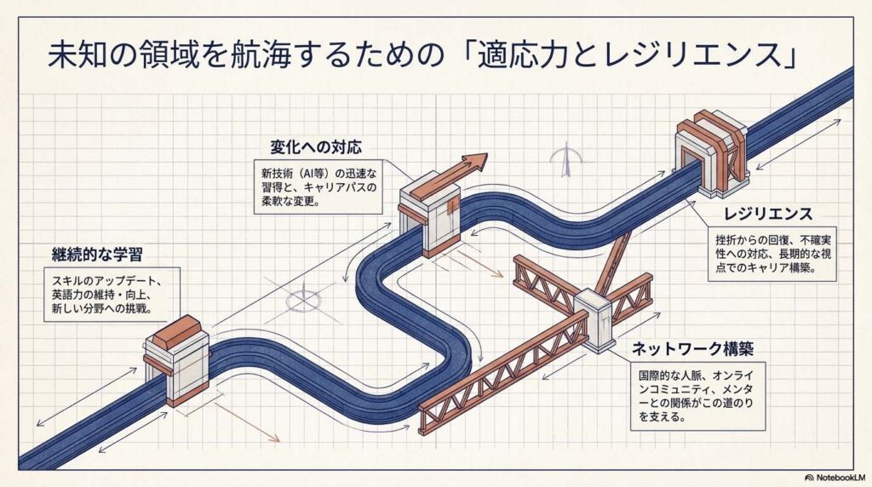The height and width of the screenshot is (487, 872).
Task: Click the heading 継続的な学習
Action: [x=97, y=255]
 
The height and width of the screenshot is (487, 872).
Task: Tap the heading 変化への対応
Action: [x=316, y=146]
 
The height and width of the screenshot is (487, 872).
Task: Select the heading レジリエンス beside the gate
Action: [x=767, y=214]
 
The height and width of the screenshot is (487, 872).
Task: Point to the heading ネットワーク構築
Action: [x=693, y=349]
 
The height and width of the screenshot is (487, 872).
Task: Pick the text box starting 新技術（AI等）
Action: [x=318, y=187]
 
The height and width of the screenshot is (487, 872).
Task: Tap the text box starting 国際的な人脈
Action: [x=698, y=396]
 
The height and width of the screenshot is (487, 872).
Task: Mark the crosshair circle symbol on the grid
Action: [x=304, y=301]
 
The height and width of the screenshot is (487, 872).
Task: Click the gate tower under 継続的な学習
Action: [x=177, y=360]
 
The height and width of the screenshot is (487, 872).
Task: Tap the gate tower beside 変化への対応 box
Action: [x=430, y=214]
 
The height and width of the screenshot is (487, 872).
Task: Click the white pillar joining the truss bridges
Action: [x=594, y=320]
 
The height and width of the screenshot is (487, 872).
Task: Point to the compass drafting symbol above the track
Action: [x=565, y=159]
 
